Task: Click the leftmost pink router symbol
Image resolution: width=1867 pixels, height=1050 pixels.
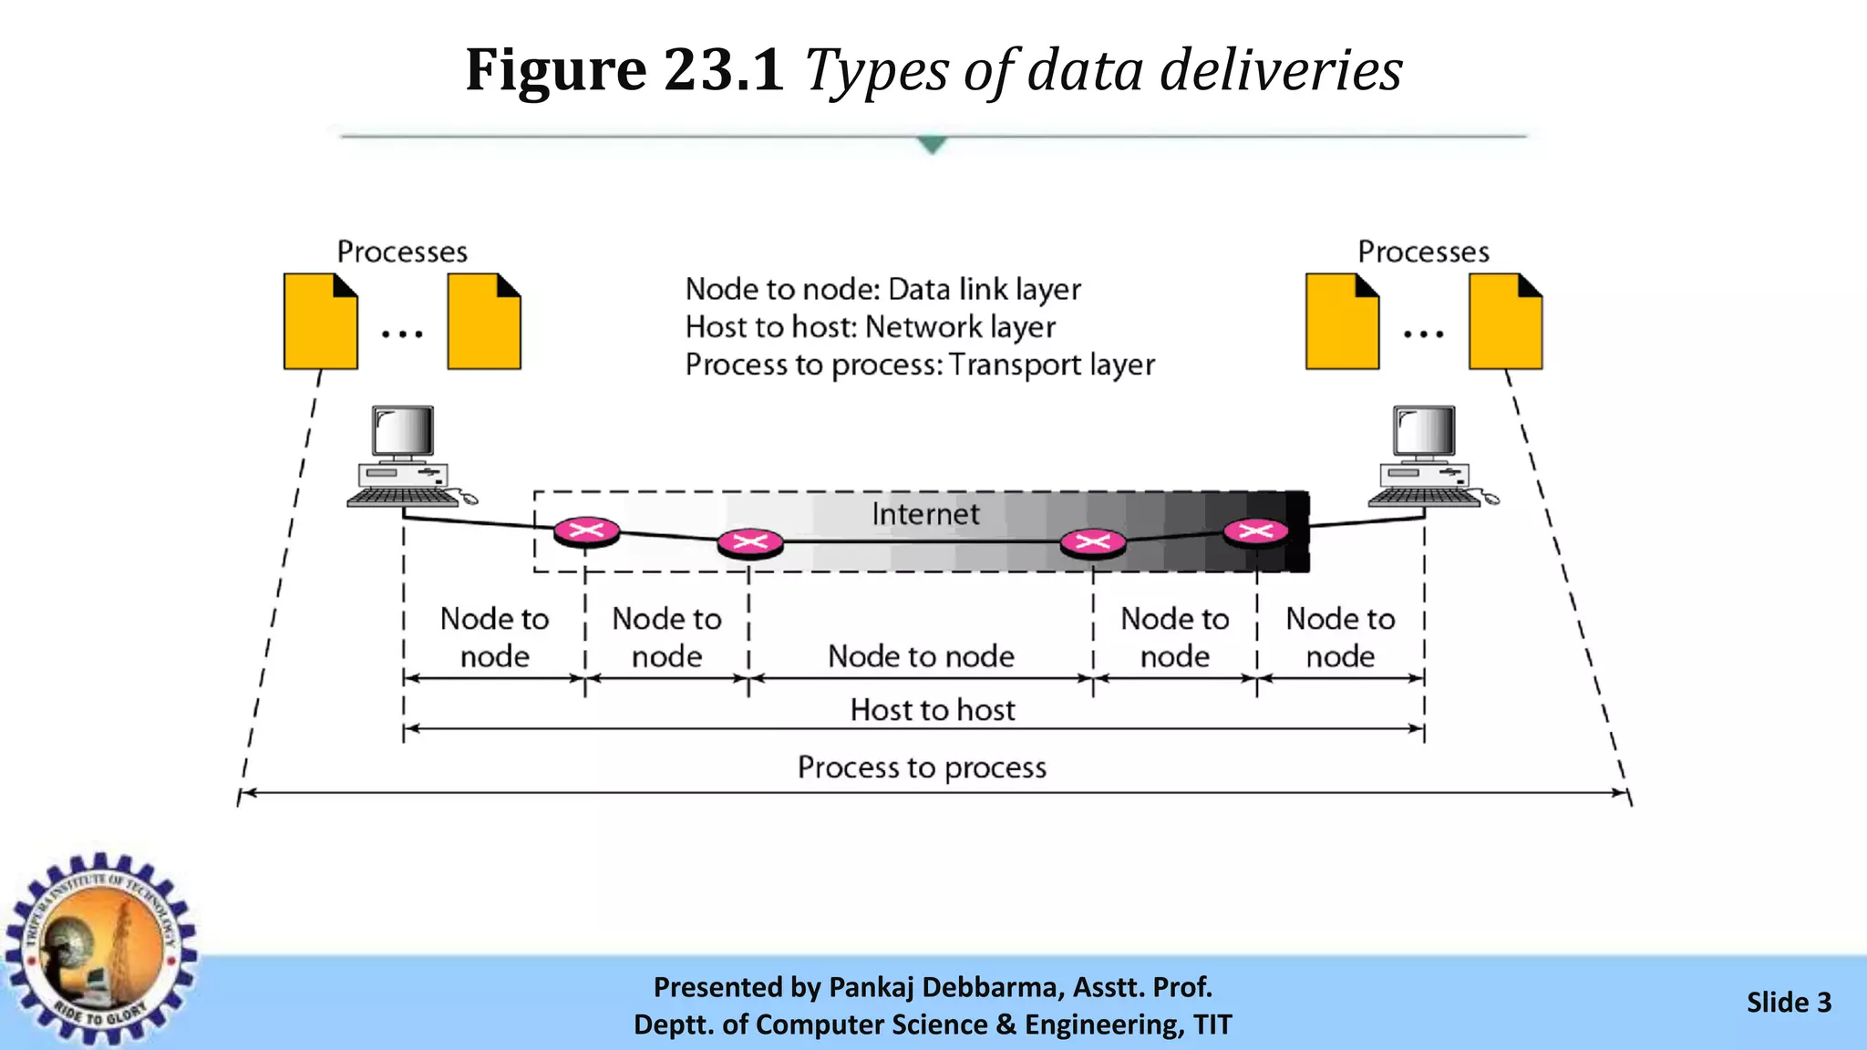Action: point(586,530)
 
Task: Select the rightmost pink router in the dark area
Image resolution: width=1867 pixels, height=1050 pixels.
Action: point(1255,531)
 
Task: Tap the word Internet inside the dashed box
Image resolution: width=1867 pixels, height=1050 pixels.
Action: point(924,514)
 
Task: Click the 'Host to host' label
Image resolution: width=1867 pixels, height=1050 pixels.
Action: point(932,710)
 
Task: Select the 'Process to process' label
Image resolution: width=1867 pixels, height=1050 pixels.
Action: point(921,767)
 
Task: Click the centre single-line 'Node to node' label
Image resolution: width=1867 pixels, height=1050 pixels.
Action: point(921,656)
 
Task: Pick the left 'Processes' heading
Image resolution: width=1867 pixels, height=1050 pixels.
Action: point(402,252)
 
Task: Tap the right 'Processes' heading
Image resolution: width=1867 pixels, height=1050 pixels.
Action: point(1423,252)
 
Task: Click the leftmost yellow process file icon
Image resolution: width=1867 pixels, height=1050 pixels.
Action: point(320,322)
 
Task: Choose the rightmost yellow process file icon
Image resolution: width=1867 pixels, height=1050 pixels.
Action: point(1505,322)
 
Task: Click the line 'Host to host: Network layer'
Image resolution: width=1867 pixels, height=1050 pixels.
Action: point(870,326)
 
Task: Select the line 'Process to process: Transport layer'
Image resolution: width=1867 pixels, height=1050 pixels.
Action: point(919,365)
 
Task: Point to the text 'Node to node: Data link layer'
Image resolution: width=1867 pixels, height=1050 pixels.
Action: point(882,289)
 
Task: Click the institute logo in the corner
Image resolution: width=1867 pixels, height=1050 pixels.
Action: point(100,948)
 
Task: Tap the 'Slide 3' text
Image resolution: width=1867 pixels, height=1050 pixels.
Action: point(1788,1003)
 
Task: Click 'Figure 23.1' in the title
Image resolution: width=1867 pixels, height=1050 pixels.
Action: point(624,69)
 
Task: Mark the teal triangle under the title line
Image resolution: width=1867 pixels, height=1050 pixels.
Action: point(932,144)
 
